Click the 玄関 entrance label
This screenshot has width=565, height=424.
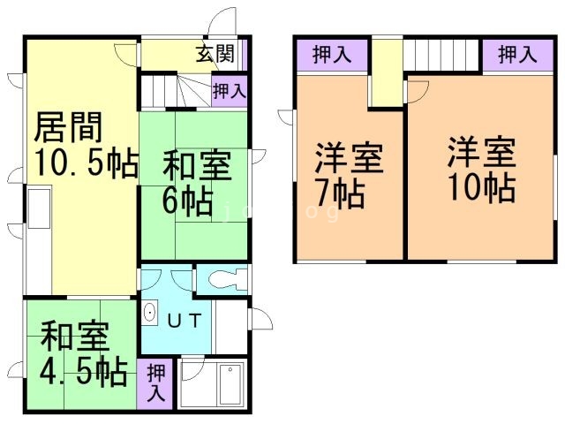215,55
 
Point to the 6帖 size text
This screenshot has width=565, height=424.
186,201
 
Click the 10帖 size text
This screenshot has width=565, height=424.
481,189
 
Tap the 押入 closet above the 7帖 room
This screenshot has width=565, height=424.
331,55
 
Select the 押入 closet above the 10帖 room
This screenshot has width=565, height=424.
516,55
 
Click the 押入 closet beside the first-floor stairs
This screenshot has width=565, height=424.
229,90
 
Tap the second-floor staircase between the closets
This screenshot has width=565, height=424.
442,56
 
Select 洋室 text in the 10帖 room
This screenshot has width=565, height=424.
480,152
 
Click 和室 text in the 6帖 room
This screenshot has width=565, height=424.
196,165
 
